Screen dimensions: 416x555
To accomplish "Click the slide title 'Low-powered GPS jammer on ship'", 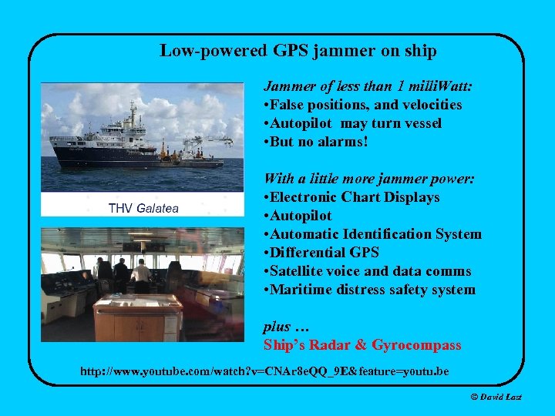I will coord(298,52).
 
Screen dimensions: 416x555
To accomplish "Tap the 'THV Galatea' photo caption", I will coord(144,207).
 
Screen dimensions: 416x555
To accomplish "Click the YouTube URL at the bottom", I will coord(264,372).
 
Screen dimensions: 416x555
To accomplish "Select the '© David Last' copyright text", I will coord(496,397).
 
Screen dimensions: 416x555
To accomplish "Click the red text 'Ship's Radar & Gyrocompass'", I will coord(362,345).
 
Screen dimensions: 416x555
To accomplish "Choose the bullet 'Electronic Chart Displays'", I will coord(351,197).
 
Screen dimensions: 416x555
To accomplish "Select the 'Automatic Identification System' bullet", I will coord(372,234).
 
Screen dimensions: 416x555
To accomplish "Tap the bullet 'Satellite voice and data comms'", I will coord(367,271).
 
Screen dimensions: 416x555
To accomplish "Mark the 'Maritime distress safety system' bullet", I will coord(369,290).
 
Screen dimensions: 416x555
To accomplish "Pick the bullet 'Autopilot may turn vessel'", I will coord(352,123).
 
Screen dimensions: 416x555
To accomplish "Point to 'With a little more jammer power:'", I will coord(368,179).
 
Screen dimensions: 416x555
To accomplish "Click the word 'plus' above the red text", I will coord(277,327).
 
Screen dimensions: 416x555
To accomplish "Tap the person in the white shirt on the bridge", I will coord(142,273).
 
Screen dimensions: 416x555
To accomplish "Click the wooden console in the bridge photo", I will coord(139,316).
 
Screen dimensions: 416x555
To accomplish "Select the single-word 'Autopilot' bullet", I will coord(301,216).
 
